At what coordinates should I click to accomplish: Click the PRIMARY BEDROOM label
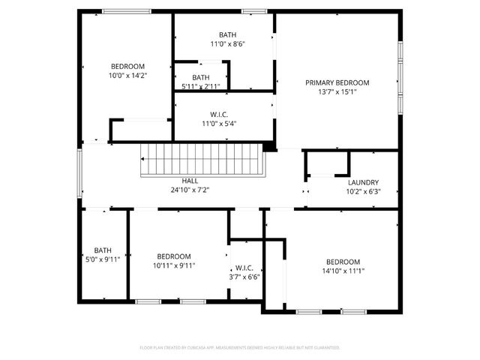click(x=337, y=82)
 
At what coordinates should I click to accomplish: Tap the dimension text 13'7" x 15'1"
click(x=337, y=93)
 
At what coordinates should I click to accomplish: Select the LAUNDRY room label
click(x=363, y=182)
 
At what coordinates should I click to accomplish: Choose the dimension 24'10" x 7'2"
click(x=190, y=190)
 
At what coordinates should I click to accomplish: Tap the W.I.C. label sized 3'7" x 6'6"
click(x=244, y=268)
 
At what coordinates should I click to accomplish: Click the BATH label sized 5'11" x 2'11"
click(x=200, y=77)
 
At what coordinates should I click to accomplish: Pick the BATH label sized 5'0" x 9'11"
click(x=103, y=250)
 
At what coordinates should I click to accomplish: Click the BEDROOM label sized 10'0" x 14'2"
click(x=127, y=66)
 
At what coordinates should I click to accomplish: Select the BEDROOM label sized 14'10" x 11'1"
click(x=343, y=262)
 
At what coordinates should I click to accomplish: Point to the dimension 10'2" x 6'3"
click(x=363, y=191)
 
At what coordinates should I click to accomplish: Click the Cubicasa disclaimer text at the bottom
click(x=240, y=348)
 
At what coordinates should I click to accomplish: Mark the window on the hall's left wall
click(x=80, y=173)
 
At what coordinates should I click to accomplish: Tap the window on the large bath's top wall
click(x=254, y=11)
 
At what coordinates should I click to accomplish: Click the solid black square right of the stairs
click(x=268, y=146)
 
